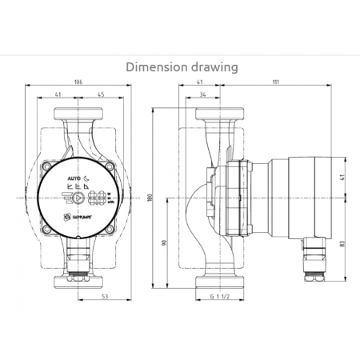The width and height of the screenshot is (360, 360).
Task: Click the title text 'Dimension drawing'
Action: click(182, 67)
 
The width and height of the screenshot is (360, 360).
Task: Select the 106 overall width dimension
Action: click(77, 81)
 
